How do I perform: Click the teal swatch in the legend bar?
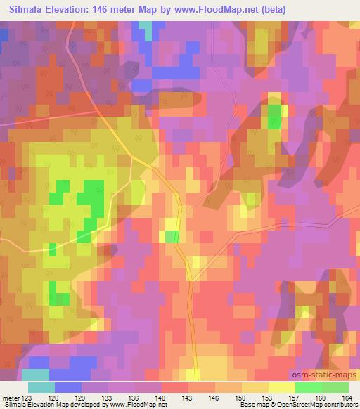coord(41,388)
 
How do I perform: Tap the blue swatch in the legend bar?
coord(68,388)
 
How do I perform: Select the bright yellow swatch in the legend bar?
coord(281,388)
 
